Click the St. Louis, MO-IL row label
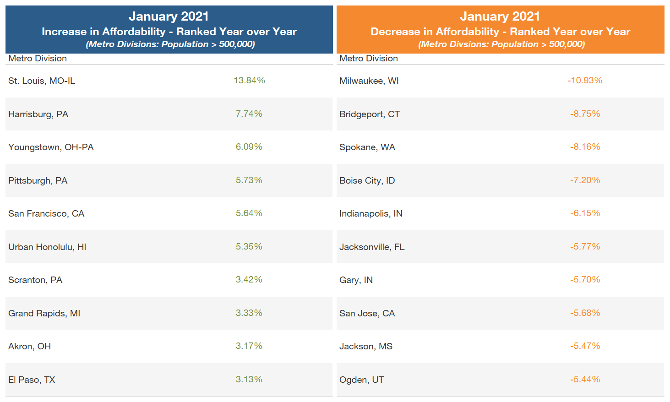pyautogui.click(x=42, y=81)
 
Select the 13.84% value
pyautogui.click(x=249, y=81)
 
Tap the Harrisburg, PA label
pyautogui.click(x=38, y=114)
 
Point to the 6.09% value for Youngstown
pyautogui.click(x=249, y=147)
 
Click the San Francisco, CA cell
pyautogui.click(x=46, y=214)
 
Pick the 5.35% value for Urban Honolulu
pyautogui.click(x=249, y=247)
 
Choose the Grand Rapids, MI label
pyautogui.click(x=44, y=314)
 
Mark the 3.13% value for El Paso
pyautogui.click(x=249, y=380)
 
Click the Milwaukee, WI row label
pyautogui.click(x=369, y=81)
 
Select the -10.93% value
pyautogui.click(x=585, y=81)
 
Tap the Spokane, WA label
pyautogui.click(x=367, y=147)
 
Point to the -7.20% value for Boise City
pyautogui.click(x=585, y=180)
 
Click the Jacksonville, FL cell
pyautogui.click(x=372, y=247)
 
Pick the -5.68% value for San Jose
pyautogui.click(x=585, y=313)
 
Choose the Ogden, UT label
pyautogui.click(x=361, y=380)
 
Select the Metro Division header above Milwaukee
pyautogui.click(x=368, y=59)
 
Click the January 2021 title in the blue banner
pyautogui.click(x=169, y=16)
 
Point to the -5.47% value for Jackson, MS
pyautogui.click(x=585, y=346)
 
